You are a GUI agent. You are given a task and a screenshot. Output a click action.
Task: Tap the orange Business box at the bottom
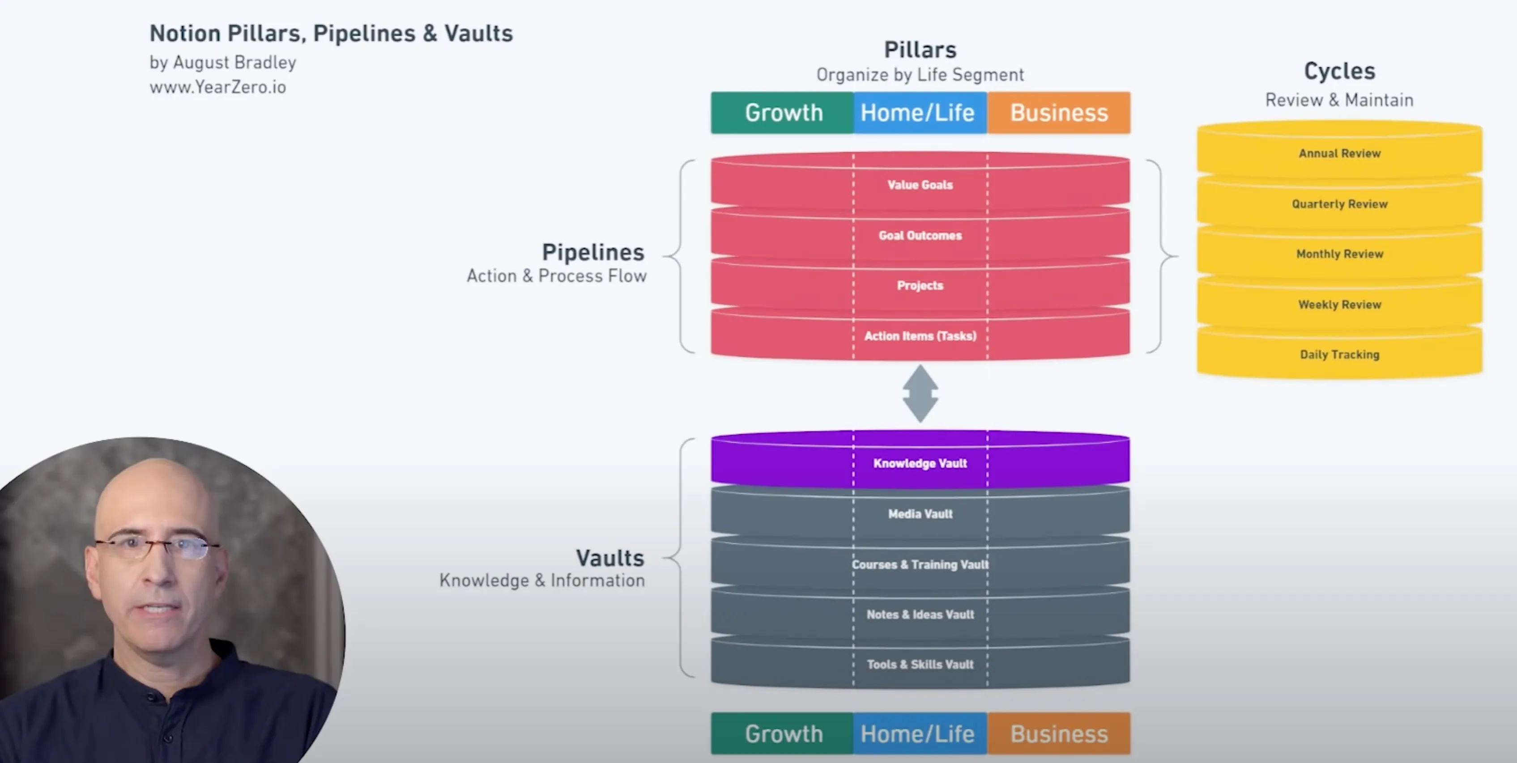[x=1059, y=733]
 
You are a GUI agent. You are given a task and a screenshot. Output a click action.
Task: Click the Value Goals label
[x=920, y=185]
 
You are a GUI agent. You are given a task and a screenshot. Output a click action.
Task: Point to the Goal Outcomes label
[x=920, y=236]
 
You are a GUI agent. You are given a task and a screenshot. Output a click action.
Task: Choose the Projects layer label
[x=920, y=285]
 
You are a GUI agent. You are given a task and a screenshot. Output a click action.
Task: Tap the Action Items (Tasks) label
[x=920, y=336]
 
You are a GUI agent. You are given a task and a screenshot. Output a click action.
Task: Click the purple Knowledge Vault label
[x=920, y=463]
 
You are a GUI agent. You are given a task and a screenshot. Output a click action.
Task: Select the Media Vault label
[x=920, y=514]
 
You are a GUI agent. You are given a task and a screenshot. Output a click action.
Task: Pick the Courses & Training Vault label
[x=920, y=564]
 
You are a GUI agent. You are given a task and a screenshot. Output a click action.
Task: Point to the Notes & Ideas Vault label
[x=920, y=615]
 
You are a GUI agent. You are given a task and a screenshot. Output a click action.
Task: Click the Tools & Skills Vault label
[x=920, y=665]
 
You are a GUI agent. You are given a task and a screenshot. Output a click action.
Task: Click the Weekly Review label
[x=1340, y=305]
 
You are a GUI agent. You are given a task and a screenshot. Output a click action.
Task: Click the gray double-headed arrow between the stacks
[x=920, y=393]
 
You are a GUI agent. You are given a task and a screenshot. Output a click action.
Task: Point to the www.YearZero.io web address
[x=218, y=87]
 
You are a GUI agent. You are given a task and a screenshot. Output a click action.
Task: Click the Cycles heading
[x=1340, y=71]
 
